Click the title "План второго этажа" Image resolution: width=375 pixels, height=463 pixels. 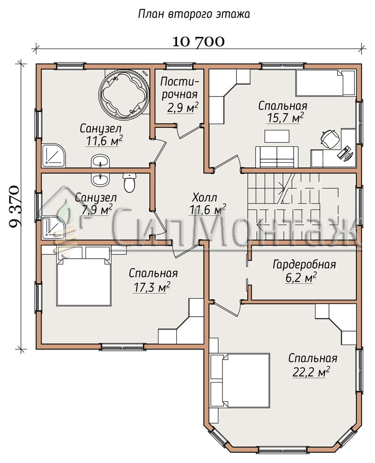194,14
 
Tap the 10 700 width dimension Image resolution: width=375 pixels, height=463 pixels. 198,42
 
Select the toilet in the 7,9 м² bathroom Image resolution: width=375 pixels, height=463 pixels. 129,183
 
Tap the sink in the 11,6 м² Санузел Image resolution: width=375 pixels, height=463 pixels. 101,161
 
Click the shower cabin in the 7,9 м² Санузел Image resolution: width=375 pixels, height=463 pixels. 54,227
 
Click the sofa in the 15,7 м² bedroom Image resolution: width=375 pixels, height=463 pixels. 277,157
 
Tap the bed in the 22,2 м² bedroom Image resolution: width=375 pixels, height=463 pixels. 240,381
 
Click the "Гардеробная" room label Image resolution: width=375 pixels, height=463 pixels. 304,265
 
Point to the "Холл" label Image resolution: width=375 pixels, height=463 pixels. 204,197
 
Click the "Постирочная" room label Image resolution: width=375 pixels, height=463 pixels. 180,88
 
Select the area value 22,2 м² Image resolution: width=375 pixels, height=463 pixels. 311,372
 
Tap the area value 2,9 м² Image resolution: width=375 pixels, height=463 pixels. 182,108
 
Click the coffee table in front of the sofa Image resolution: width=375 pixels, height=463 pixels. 277,136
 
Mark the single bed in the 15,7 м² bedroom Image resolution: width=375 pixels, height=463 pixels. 325,83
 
